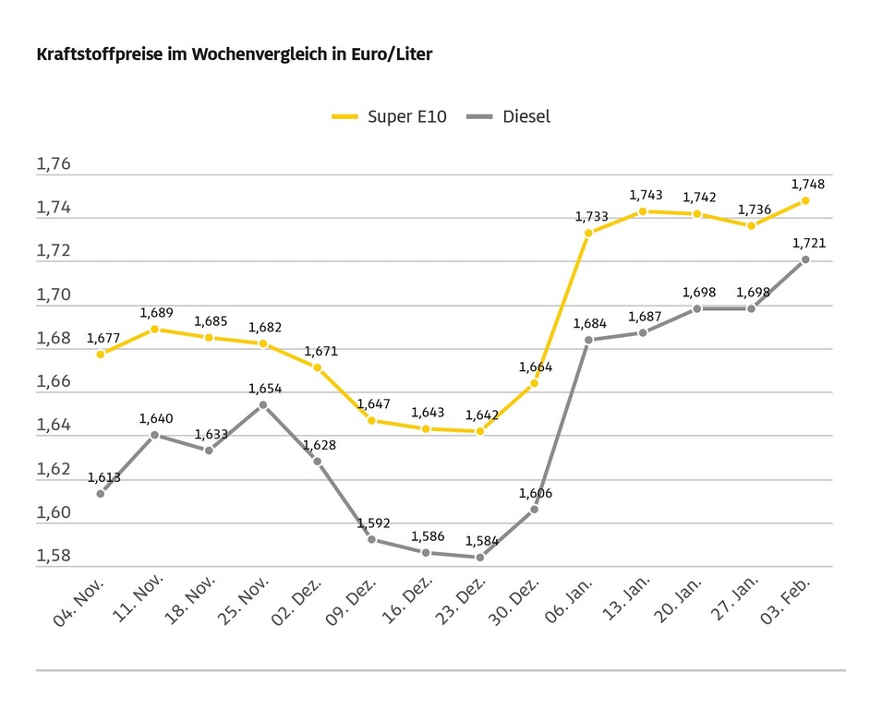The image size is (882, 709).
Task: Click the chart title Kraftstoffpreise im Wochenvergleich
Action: coord(234,54)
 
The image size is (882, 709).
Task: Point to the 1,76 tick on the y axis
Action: coord(54,164)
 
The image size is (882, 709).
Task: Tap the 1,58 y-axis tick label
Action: coord(54,556)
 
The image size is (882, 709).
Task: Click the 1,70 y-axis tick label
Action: coord(54,295)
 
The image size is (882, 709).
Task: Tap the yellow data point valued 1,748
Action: coord(805,200)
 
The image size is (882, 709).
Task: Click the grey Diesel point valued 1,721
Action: coord(805,259)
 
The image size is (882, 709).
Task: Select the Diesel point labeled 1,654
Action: coord(263,404)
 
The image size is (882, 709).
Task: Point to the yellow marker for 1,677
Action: coord(101,354)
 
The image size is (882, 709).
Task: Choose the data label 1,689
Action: coord(156,313)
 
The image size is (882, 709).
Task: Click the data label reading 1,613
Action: coord(104,477)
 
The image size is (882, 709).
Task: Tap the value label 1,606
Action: coord(536,493)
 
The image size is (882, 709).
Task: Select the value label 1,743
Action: coord(646,195)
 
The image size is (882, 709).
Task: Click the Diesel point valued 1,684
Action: coord(588,340)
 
